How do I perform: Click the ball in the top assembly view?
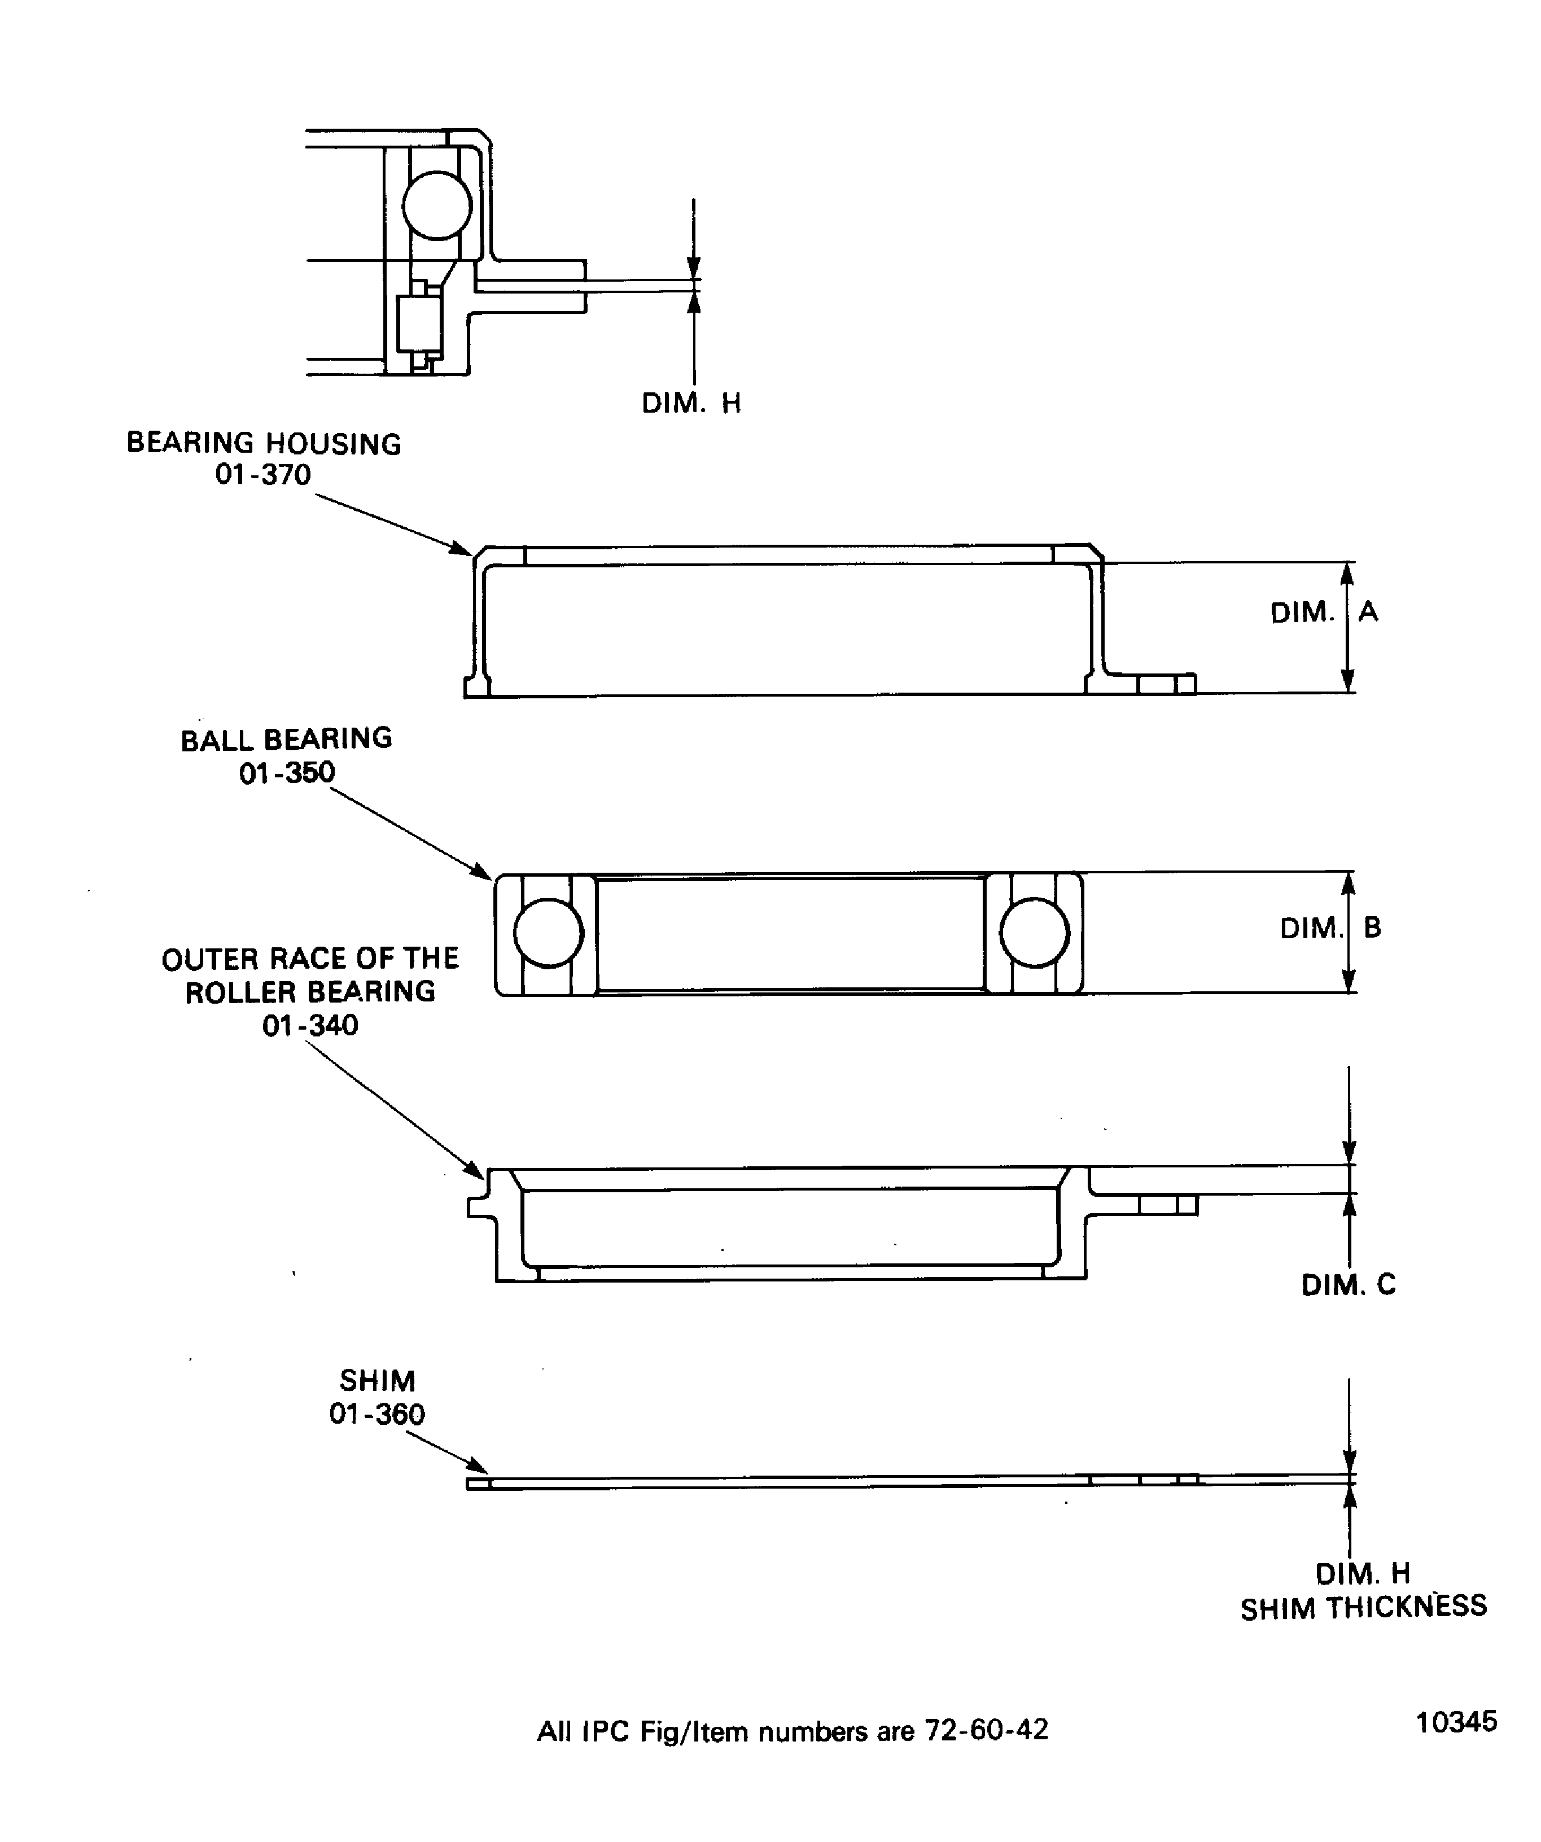437,205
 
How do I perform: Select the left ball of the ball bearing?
548,933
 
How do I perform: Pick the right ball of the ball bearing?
1034,933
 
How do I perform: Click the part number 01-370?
263,475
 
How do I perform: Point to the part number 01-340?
310,1025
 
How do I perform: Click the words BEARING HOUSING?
264,443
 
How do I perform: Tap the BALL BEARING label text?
287,740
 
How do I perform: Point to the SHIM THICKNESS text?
1363,1607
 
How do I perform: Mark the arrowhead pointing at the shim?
478,1465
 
